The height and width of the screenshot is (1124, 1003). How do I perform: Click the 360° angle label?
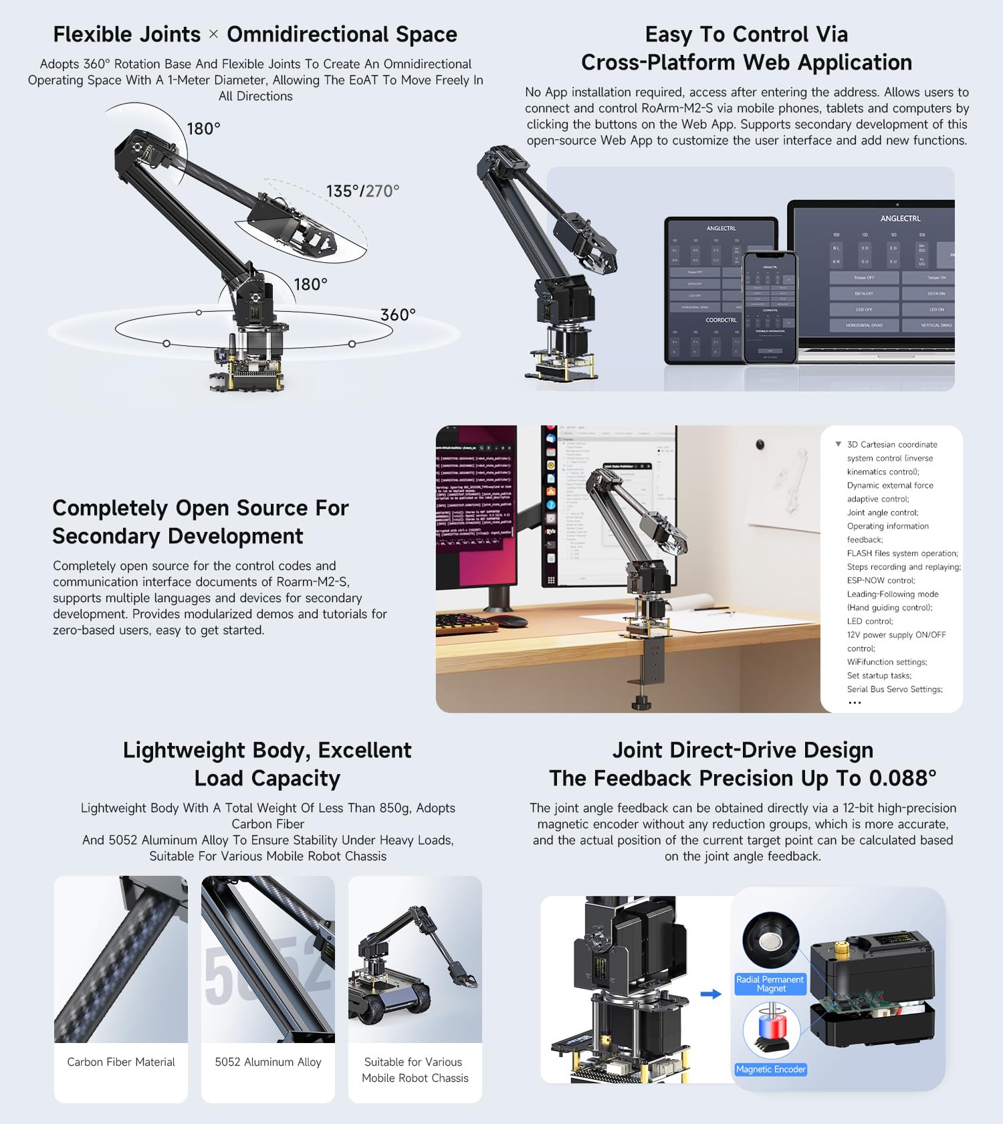click(398, 314)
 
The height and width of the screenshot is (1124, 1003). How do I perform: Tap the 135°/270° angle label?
click(362, 191)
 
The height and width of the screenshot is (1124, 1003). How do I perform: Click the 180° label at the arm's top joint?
click(203, 128)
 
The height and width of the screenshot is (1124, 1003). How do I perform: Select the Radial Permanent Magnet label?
click(770, 983)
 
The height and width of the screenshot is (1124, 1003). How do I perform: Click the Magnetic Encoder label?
click(770, 1069)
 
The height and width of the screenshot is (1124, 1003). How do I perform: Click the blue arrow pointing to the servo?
click(711, 994)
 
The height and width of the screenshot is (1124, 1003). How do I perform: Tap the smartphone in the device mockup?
click(770, 308)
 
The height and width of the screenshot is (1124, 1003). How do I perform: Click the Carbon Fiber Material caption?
click(121, 1062)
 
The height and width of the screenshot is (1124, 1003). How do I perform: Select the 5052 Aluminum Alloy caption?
click(268, 1062)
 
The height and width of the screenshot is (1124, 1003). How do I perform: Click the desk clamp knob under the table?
click(641, 702)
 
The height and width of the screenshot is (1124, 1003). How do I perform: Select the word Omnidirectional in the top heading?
click(307, 34)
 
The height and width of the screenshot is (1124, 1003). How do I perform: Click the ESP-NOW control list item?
click(881, 580)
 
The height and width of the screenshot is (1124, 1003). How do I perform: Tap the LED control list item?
click(869, 621)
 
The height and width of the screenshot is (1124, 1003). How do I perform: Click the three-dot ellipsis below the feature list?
click(855, 702)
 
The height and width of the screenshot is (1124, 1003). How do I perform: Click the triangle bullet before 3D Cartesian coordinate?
click(838, 444)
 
